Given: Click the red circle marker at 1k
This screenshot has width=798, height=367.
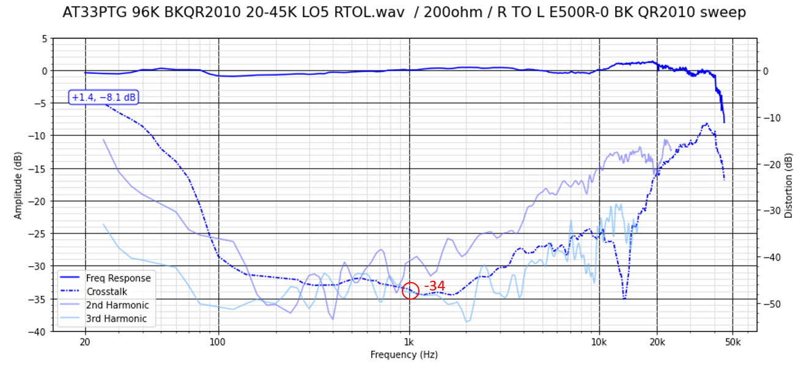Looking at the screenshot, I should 410,291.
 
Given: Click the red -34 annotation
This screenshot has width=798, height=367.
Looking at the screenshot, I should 434,286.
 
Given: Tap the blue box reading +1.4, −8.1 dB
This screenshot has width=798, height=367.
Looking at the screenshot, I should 103,97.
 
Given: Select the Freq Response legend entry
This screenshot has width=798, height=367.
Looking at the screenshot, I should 118,278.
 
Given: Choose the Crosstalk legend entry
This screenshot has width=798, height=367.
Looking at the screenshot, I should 107,292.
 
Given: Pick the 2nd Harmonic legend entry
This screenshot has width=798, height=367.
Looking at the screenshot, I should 117,305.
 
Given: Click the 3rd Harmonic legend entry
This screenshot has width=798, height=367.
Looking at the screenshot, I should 116,319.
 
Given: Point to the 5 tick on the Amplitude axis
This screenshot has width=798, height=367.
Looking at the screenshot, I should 43,39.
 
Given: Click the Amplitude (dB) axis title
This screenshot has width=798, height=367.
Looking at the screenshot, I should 18,185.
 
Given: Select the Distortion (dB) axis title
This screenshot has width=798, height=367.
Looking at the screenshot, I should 788,185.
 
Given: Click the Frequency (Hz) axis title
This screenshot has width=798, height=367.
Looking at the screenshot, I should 404,355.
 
